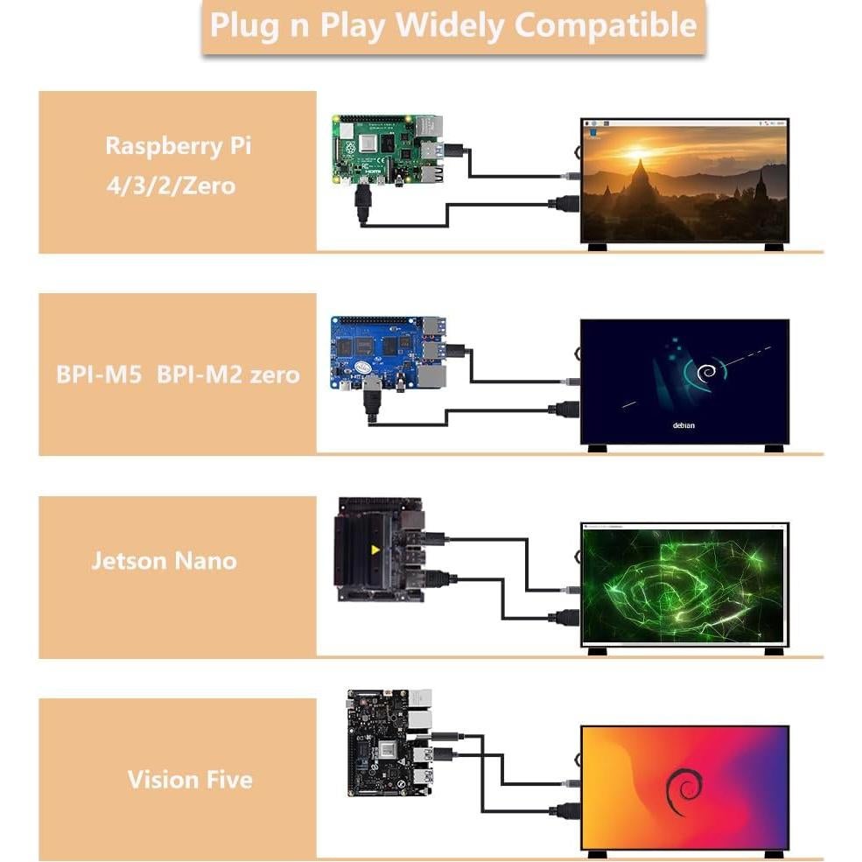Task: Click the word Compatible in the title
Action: click(605, 25)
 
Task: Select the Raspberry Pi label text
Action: click(178, 145)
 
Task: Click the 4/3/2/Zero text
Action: click(171, 186)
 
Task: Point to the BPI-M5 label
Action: click(98, 375)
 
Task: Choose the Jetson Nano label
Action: click(164, 560)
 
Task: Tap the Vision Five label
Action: click(190, 779)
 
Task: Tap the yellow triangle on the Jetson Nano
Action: click(376, 551)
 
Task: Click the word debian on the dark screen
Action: click(683, 425)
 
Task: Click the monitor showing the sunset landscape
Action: click(685, 182)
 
